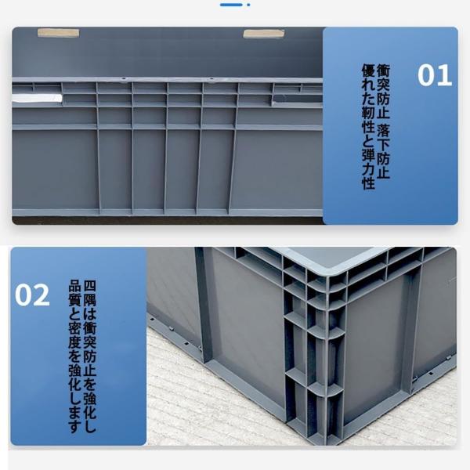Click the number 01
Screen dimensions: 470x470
pos(435,75)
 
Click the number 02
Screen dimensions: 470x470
pos(32,295)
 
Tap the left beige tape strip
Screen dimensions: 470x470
pos(58,33)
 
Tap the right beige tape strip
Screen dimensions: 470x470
pos(263,34)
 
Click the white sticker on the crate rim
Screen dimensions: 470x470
pos(37,98)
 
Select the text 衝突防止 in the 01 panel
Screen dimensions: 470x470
pos(383,91)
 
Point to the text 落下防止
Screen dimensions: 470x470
pos(383,152)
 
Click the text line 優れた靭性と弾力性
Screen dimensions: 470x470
pos(368,126)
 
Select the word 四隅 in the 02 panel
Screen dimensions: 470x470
pos(89,293)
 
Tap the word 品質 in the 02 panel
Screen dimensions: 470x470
pos(75,293)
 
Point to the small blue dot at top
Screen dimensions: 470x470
pos(248,5)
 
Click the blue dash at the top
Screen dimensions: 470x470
pos(231,5)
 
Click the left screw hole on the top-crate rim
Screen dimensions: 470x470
pos(123,79)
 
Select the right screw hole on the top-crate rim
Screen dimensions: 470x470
pos(211,79)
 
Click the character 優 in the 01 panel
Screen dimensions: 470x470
pos(368,70)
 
